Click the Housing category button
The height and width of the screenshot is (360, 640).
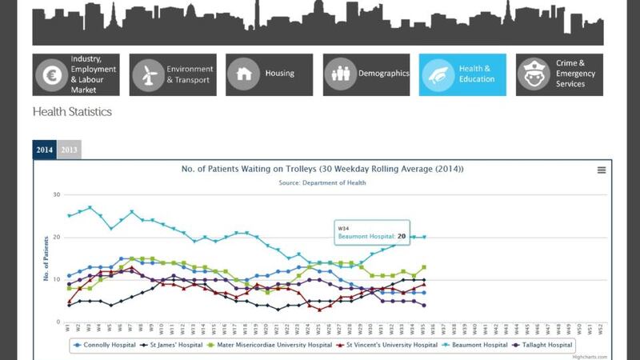[x=269, y=74]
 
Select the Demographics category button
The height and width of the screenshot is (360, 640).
[x=366, y=74]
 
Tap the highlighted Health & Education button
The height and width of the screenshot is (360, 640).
[x=462, y=74]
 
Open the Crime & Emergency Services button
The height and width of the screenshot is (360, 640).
[x=558, y=74]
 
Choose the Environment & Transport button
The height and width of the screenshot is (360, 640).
[x=173, y=74]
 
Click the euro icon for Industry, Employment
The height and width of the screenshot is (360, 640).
[x=50, y=74]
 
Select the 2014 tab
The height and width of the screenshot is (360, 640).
[x=45, y=150]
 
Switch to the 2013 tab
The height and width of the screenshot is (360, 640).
[x=69, y=150]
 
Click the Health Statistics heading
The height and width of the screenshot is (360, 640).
[x=72, y=112]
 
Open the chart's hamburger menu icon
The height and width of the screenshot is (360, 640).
[x=602, y=170]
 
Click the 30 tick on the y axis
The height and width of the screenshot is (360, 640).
[x=57, y=194]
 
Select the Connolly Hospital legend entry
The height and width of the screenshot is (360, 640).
[x=104, y=345]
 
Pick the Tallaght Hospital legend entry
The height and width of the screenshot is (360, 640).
[x=543, y=345]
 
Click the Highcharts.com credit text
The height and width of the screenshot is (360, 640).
[x=588, y=357]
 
